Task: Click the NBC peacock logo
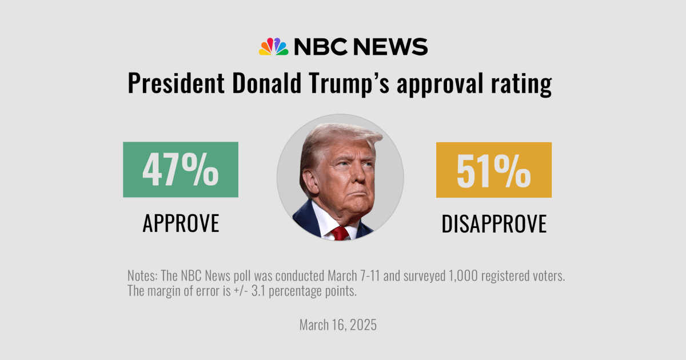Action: tap(273, 46)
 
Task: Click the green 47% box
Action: tap(181, 170)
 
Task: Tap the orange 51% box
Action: tap(493, 170)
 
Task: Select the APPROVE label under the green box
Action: tap(181, 223)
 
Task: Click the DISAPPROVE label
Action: tap(493, 224)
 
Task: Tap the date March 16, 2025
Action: tap(338, 325)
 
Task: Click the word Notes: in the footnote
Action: tap(143, 276)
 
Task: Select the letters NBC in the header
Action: tap(320, 46)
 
